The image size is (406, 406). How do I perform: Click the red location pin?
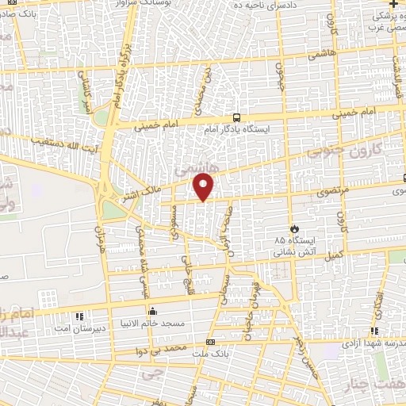click(x=205, y=187)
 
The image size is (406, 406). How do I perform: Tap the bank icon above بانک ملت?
click(x=210, y=342)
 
